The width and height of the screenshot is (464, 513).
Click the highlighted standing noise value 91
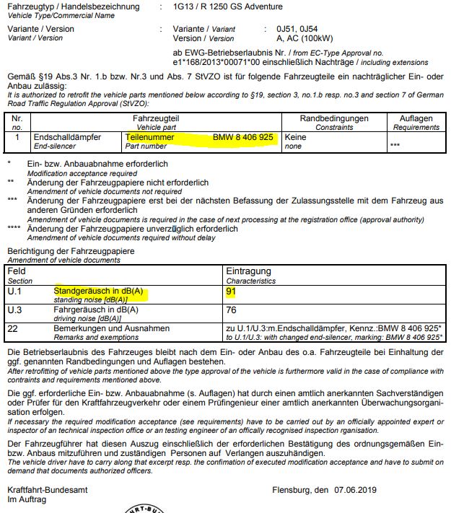point(232,292)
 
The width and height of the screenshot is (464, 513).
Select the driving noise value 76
point(232,310)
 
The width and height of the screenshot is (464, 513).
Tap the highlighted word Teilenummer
point(150,136)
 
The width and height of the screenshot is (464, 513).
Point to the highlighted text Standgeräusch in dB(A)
point(99,291)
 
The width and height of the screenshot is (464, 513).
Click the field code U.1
point(14,292)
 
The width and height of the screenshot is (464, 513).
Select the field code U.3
point(14,310)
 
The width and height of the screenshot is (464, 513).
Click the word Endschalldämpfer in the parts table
point(68,136)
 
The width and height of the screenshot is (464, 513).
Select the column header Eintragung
point(248,271)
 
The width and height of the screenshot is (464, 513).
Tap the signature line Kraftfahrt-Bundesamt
point(45,491)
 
